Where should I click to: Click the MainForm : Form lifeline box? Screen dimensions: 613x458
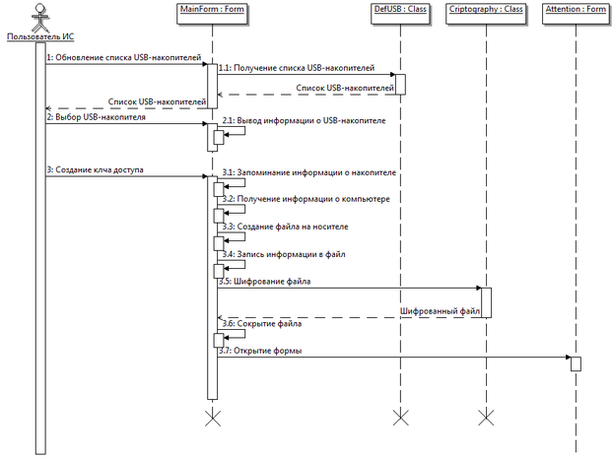pyautogui.click(x=212, y=14)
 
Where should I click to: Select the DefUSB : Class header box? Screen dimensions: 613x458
pyautogui.click(x=400, y=14)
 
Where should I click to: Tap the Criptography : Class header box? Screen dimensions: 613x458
pyautogui.click(x=486, y=14)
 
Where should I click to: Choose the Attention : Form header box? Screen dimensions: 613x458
pyautogui.click(x=576, y=14)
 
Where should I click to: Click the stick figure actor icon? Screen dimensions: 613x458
pyautogui.click(x=40, y=18)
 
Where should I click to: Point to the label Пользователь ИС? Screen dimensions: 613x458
pyautogui.click(x=40, y=36)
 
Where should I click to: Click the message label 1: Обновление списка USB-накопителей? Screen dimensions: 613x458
pyautogui.click(x=124, y=58)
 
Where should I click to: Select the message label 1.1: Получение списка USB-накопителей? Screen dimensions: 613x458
pyautogui.click(x=297, y=68)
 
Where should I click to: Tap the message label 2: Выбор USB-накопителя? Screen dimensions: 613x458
pyautogui.click(x=97, y=117)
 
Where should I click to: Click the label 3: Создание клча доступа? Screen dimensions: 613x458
pyautogui.click(x=95, y=170)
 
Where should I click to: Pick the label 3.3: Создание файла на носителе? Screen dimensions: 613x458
pyautogui.click(x=285, y=227)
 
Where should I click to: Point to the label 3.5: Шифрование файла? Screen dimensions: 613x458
pyautogui.click(x=265, y=282)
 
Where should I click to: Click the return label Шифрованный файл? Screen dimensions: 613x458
pyautogui.click(x=440, y=311)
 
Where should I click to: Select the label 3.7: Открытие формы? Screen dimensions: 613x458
pyautogui.click(x=260, y=351)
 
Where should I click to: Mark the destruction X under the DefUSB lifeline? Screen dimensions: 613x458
pyautogui.click(x=400, y=418)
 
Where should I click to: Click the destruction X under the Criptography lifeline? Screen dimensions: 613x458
pyautogui.click(x=486, y=418)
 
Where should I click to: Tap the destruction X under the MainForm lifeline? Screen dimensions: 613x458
pyautogui.click(x=212, y=418)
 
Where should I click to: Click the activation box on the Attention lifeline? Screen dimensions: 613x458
pyautogui.click(x=576, y=363)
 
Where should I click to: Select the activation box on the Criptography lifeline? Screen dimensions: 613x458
pyautogui.click(x=486, y=302)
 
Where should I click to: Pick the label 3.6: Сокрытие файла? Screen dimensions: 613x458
pyautogui.click(x=262, y=324)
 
